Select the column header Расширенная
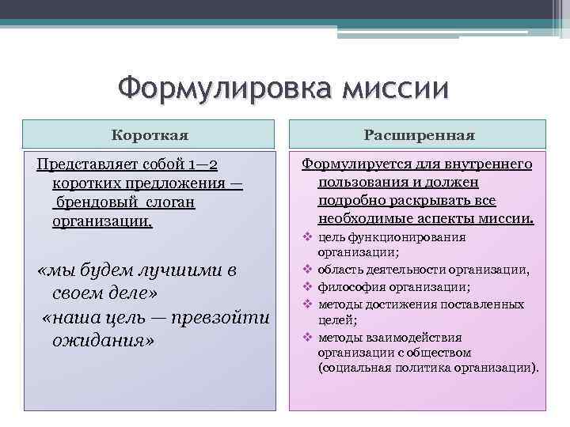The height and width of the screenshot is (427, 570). coord(419,135)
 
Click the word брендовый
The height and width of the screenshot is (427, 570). coord(93,203)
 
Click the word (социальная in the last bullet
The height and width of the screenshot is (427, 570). coord(351,368)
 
